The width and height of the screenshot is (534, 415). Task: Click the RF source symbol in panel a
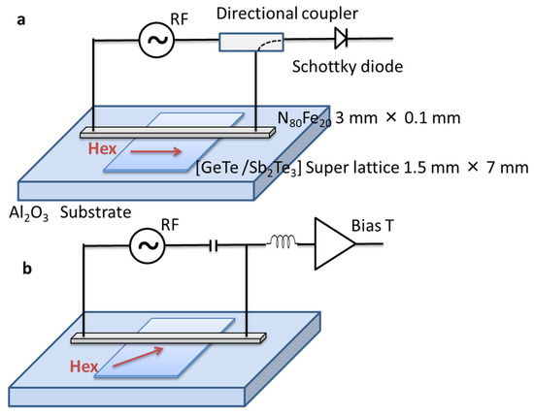click(x=156, y=40)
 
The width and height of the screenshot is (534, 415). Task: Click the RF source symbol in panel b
click(x=148, y=245)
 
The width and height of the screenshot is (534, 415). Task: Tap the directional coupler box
click(x=251, y=42)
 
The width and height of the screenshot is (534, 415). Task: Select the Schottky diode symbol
click(x=341, y=38)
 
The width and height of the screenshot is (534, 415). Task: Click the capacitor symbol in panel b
click(x=214, y=245)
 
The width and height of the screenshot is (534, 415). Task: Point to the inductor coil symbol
click(x=282, y=241)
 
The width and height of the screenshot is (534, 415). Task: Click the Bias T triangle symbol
click(x=335, y=244)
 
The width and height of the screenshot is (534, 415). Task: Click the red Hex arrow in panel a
click(x=156, y=151)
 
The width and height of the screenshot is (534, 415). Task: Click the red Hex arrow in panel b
click(x=138, y=357)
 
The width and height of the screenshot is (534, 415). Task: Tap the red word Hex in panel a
click(x=102, y=149)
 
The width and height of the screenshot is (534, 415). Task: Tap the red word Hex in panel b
click(x=83, y=367)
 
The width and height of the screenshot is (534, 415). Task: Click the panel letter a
click(x=21, y=20)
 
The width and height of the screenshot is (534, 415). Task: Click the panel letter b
click(x=27, y=269)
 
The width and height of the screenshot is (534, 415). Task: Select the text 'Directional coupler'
click(x=287, y=14)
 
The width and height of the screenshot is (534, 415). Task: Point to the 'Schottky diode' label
click(x=348, y=67)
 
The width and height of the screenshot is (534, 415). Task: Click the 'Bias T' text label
click(x=373, y=226)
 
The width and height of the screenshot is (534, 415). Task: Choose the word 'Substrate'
click(x=96, y=212)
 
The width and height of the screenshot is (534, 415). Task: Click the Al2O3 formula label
click(x=29, y=214)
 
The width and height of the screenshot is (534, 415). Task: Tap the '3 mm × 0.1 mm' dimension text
click(x=398, y=118)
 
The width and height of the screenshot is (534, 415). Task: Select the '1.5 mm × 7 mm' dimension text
click(x=465, y=168)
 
